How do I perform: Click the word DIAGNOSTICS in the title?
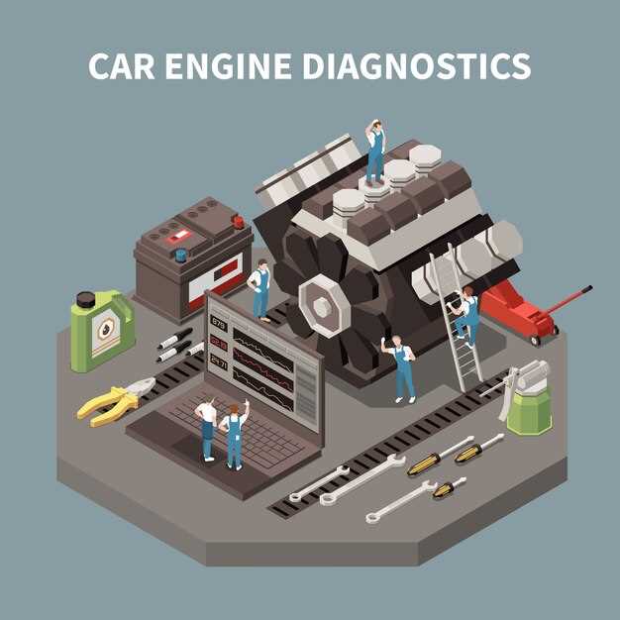tap(416, 66)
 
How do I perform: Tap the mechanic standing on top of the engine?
tap(375, 153)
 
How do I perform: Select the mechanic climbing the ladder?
tap(465, 316)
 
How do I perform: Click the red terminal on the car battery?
tap(238, 222)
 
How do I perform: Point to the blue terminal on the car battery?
tap(180, 256)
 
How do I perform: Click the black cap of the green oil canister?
tap(86, 300)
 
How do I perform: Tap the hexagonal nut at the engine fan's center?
tap(321, 307)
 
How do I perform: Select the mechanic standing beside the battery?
tap(260, 290)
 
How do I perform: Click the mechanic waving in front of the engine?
tap(400, 368)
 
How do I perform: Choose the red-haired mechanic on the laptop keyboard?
tap(235, 435)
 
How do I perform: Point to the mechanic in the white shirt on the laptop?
tap(206, 429)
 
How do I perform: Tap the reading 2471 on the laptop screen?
tap(219, 362)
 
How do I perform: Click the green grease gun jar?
tap(529, 411)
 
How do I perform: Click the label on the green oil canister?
tap(106, 330)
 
